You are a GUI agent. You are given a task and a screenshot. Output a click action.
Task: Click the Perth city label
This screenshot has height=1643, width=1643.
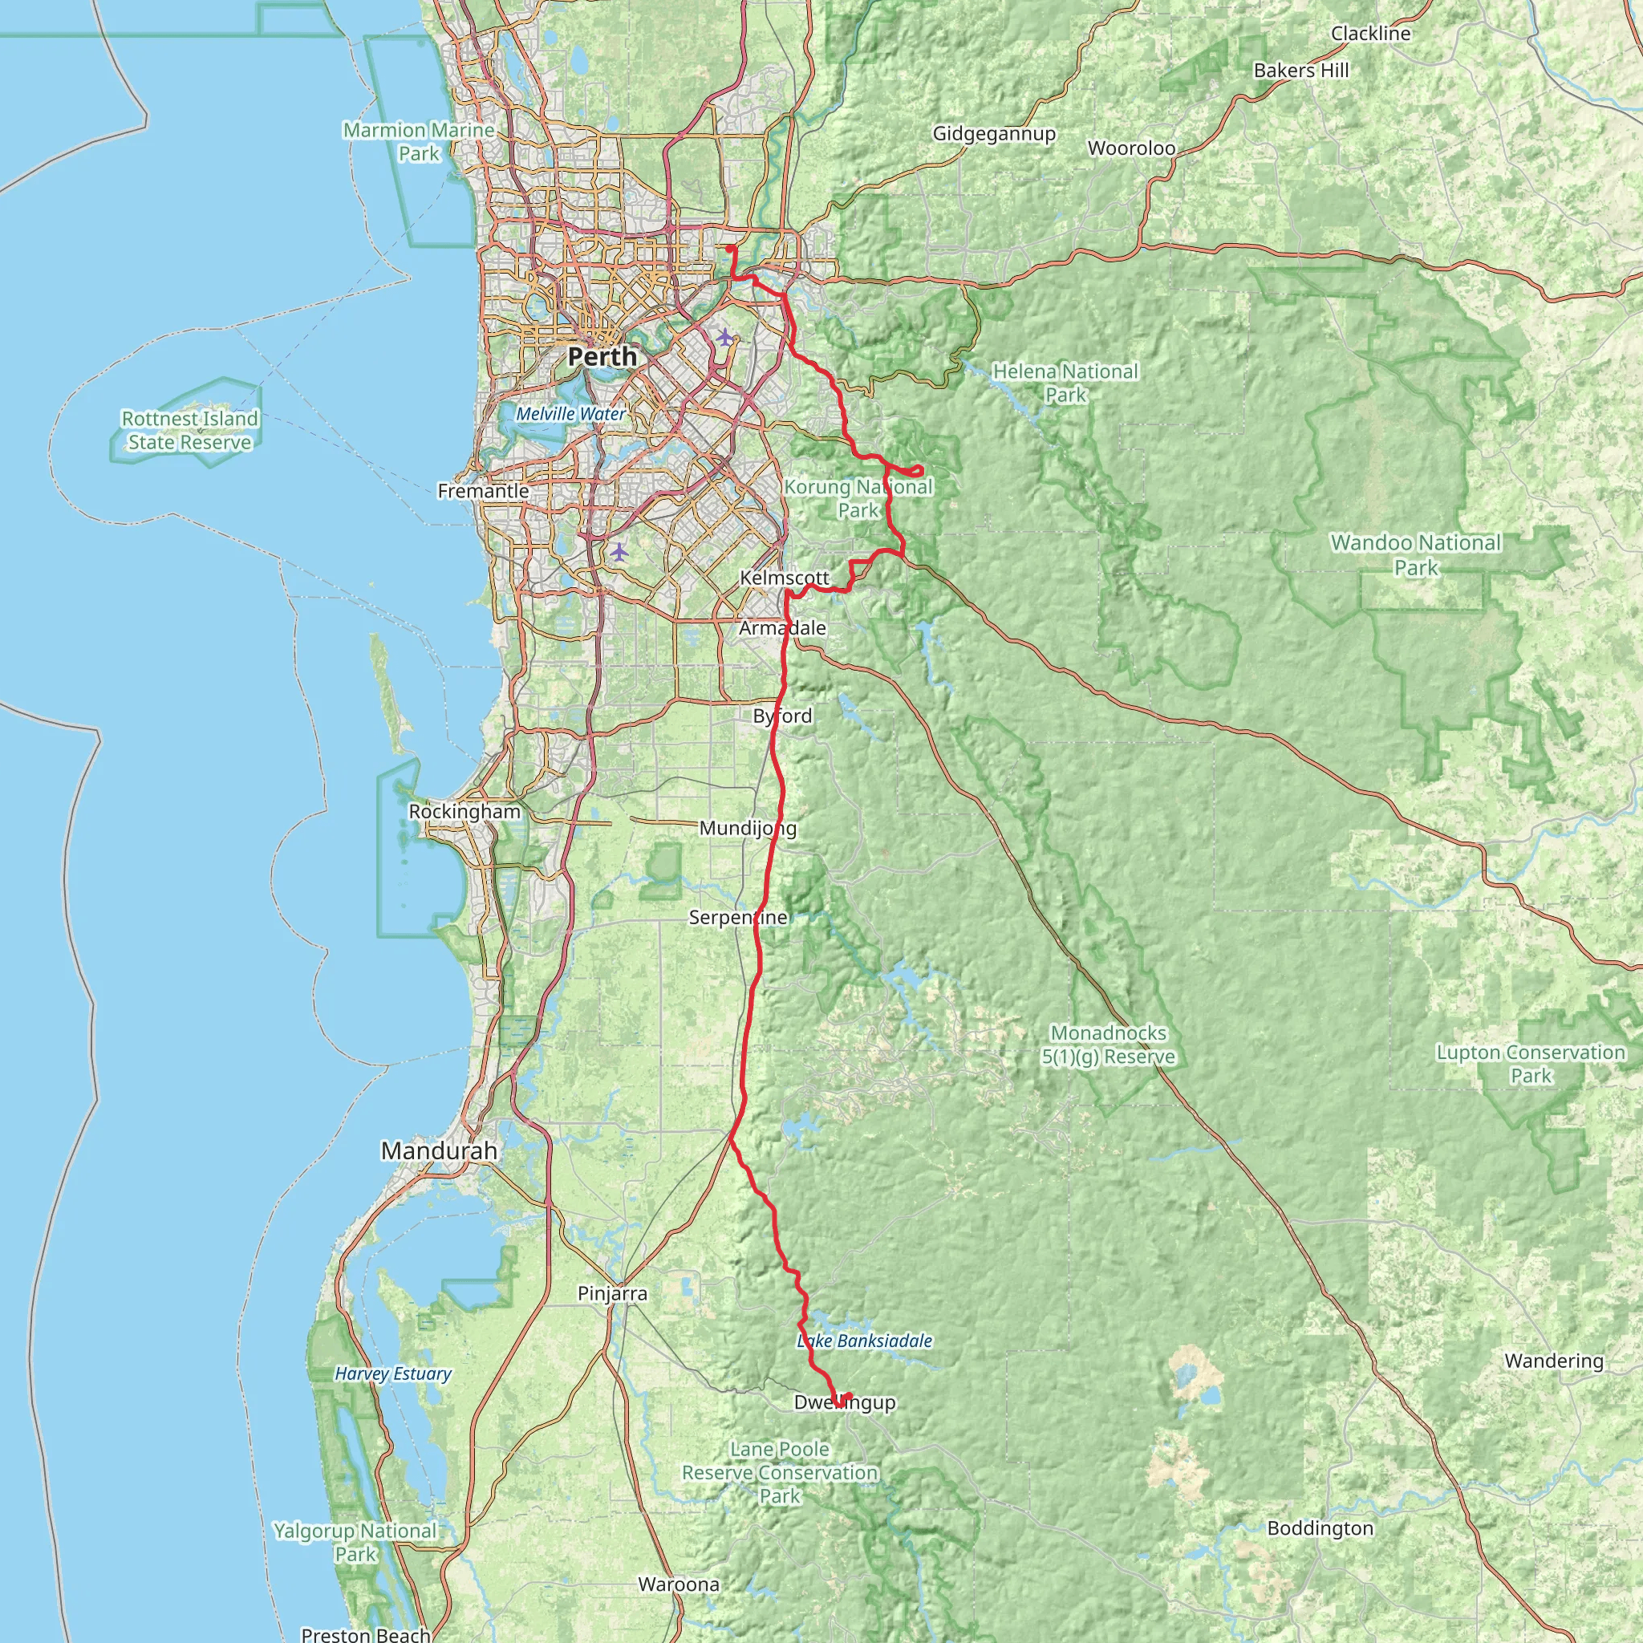602,356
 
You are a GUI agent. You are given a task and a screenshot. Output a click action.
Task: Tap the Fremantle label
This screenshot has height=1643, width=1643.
483,491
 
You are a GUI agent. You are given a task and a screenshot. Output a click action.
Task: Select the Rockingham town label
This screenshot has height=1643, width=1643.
465,811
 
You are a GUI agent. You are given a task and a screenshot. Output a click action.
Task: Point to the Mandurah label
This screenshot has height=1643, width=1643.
439,1150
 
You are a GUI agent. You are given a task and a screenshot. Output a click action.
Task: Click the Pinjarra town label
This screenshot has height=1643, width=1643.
612,1293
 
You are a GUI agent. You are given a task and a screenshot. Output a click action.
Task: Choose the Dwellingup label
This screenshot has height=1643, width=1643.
845,1402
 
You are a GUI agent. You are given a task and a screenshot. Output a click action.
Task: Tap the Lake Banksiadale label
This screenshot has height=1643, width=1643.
865,1341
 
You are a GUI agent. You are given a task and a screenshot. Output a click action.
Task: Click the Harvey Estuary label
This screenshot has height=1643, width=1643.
393,1373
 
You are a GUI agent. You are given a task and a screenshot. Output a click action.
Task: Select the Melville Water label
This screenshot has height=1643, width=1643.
570,413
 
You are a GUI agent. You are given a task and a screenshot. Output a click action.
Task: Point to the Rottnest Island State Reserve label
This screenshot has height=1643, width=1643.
189,430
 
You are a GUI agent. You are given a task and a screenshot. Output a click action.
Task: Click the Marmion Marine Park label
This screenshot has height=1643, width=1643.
419,142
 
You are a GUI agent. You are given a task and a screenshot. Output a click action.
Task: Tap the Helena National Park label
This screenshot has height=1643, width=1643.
1065,383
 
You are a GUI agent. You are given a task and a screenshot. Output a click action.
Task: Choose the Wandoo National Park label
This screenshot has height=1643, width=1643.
1416,554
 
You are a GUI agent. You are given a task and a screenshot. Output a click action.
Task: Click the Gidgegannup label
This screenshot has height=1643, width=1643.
994,133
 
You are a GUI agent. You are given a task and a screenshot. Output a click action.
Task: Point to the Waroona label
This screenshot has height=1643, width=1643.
679,1584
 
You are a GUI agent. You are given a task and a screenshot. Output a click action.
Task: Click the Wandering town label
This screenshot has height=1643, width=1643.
1554,1361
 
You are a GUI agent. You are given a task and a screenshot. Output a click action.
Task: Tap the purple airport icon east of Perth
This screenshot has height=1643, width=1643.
724,337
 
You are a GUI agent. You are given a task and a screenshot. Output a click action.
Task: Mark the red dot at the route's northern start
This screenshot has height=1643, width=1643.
731,249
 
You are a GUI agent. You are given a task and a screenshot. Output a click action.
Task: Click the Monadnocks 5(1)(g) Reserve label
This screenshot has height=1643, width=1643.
1108,1045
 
